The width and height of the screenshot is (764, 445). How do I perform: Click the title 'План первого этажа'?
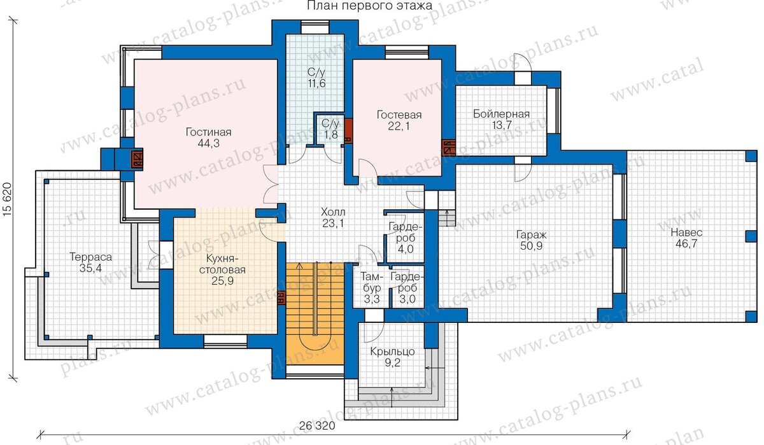pyautogui.click(x=370, y=5)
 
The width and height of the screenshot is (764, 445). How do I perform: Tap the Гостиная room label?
pyautogui.click(x=208, y=132)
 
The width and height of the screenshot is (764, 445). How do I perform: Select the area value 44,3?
pyautogui.click(x=208, y=143)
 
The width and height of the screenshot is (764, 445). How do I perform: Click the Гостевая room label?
pyautogui.click(x=399, y=114)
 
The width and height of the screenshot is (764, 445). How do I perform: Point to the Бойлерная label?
pyautogui.click(x=502, y=114)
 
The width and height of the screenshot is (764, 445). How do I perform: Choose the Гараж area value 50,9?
pyautogui.click(x=532, y=245)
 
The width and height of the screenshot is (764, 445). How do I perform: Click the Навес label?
pyautogui.click(x=686, y=233)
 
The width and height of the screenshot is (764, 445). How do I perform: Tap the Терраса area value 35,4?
pyautogui.click(x=90, y=268)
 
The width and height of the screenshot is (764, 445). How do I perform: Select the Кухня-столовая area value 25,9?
pyautogui.click(x=222, y=281)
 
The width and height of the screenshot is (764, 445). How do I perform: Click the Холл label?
pyautogui.click(x=333, y=212)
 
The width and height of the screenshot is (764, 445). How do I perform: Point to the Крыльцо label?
pyautogui.click(x=393, y=352)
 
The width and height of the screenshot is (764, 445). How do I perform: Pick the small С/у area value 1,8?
pyautogui.click(x=331, y=135)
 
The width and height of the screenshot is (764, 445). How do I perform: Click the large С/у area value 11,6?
pyautogui.click(x=317, y=83)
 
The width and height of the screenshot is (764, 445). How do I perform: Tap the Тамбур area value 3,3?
pyautogui.click(x=372, y=299)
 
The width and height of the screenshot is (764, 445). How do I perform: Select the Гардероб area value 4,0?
pyautogui.click(x=406, y=249)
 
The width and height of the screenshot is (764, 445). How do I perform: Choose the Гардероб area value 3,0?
pyautogui.click(x=407, y=299)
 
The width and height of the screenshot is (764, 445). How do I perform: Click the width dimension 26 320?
pyautogui.click(x=317, y=425)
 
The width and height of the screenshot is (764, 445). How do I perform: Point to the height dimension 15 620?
pyautogui.click(x=8, y=200)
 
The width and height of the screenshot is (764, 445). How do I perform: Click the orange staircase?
pyautogui.click(x=315, y=313)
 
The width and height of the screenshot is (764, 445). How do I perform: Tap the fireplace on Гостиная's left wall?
pyautogui.click(x=138, y=160)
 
